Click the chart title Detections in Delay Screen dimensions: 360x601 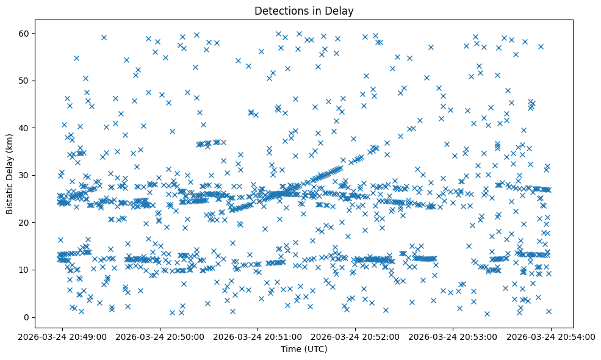pos(304,10)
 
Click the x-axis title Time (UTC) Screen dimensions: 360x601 pos(304,349)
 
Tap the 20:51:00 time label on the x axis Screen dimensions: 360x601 pos(257,336)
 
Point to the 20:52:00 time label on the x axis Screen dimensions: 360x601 pos(355,336)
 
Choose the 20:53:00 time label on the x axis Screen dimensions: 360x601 pos(453,336)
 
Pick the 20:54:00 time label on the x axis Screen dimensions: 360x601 pos(551,336)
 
